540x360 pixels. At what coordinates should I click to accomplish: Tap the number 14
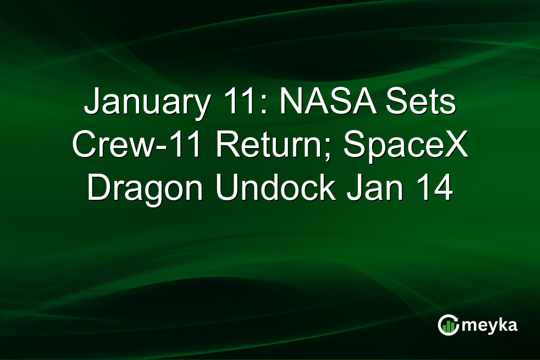pyautogui.click(x=432, y=189)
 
